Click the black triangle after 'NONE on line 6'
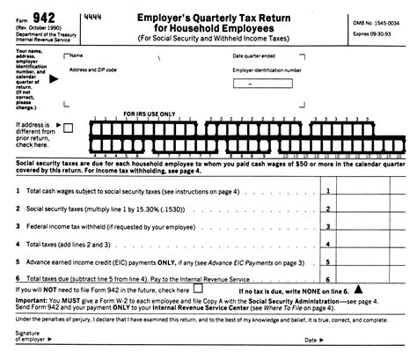tap(360, 289)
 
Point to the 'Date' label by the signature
tap(310, 340)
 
